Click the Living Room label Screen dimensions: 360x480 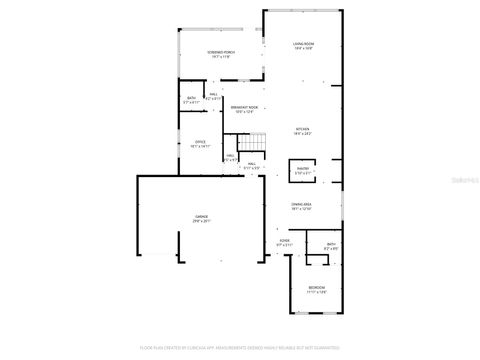coord(304,45)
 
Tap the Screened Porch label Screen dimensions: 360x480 coord(221,53)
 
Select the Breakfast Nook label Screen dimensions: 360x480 coord(244,108)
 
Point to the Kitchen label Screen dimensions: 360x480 coord(302,129)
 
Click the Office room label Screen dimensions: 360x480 coord(200,142)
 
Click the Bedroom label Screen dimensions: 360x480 coord(316,288)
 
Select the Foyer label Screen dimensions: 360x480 coord(284,241)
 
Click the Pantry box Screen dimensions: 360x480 coord(303,171)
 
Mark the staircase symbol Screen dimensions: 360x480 coord(260,143)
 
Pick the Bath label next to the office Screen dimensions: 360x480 coord(192,98)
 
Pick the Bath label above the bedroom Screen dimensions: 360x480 coord(331,243)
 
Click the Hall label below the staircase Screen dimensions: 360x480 coord(253,163)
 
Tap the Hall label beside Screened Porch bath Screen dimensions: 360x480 coord(214,94)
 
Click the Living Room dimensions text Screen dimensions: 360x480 coord(304,50)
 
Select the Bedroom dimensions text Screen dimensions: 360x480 coord(316,293)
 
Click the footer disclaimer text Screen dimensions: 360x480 coord(240,349)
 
